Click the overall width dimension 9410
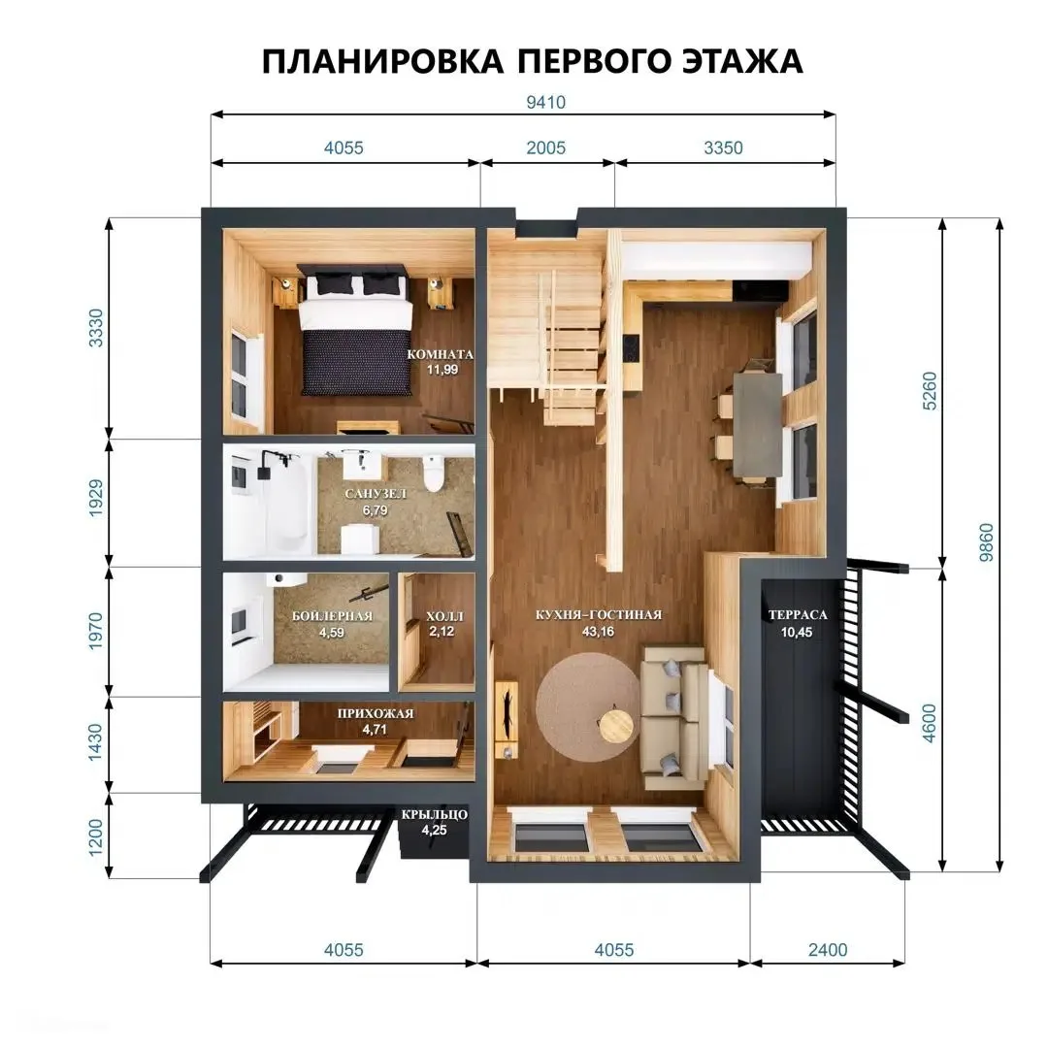click(x=545, y=102)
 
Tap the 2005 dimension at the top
click(x=545, y=147)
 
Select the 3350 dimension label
click(x=723, y=147)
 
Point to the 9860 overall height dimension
click(x=986, y=542)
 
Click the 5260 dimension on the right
click(x=929, y=391)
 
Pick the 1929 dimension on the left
click(x=96, y=498)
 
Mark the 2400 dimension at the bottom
click(x=828, y=950)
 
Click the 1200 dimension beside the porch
click(x=96, y=836)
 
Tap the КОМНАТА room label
click(x=441, y=354)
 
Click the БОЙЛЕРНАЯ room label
click(x=332, y=616)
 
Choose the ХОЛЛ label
click(x=444, y=616)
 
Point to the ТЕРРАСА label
click(x=798, y=615)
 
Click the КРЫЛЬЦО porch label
click(x=435, y=815)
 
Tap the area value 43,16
click(x=598, y=632)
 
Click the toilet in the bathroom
click(x=434, y=473)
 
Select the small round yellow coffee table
click(x=615, y=727)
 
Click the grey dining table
click(x=758, y=424)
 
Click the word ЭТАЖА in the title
click(x=742, y=61)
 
